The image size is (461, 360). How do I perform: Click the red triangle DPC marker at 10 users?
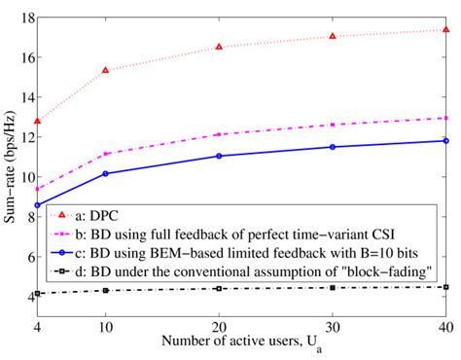[105, 70]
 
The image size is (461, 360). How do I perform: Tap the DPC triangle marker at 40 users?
[445, 30]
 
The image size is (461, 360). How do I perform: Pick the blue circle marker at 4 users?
[37, 205]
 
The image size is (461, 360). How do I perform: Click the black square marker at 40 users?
[445, 287]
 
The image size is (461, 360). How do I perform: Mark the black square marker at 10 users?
[105, 290]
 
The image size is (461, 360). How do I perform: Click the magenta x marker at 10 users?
[105, 154]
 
